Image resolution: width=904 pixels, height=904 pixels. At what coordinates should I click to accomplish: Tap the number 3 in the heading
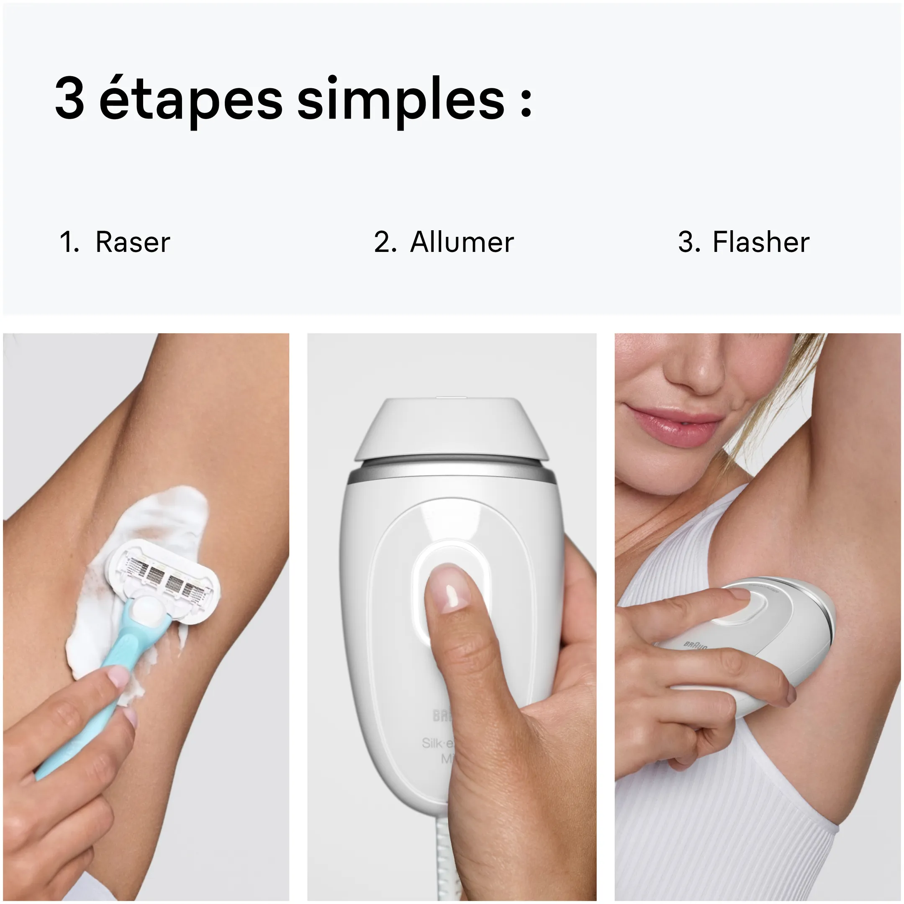tap(70, 98)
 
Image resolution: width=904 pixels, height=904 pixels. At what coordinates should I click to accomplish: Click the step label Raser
tap(132, 242)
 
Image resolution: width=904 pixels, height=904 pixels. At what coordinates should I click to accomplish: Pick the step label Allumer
tap(461, 242)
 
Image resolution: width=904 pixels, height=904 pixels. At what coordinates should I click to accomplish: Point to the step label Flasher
tap(760, 242)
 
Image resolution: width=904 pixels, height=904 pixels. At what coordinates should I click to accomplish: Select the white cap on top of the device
tap(452, 428)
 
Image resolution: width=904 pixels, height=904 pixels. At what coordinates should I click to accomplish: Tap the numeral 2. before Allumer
tap(385, 242)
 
